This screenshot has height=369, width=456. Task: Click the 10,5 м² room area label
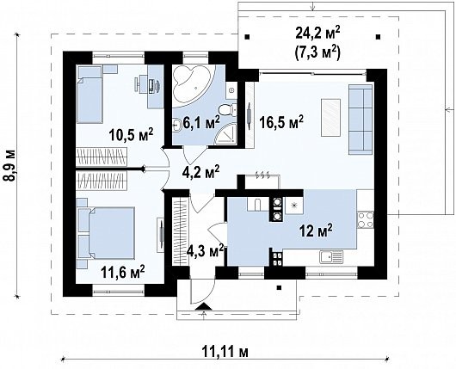click(131, 135)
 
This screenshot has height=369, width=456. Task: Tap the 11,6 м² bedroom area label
click(123, 272)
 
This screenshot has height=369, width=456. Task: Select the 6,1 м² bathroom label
click(201, 123)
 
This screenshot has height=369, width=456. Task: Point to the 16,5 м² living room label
click(281, 122)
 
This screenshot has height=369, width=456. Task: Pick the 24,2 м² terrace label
click(317, 34)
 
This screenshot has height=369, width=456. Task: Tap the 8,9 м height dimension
click(10, 166)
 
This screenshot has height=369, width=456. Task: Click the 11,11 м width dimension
click(225, 353)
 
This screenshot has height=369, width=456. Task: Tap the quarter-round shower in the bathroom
click(225, 134)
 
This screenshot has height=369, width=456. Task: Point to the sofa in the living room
click(360, 120)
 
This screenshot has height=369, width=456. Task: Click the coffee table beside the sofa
click(330, 118)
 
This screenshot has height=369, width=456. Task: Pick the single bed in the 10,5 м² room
click(89, 94)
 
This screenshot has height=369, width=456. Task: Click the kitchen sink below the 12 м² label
click(331, 257)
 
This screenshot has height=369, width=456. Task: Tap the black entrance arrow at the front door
click(204, 306)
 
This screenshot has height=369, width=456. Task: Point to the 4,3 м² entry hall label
click(206, 250)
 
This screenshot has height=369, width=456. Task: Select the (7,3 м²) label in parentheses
click(317, 52)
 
